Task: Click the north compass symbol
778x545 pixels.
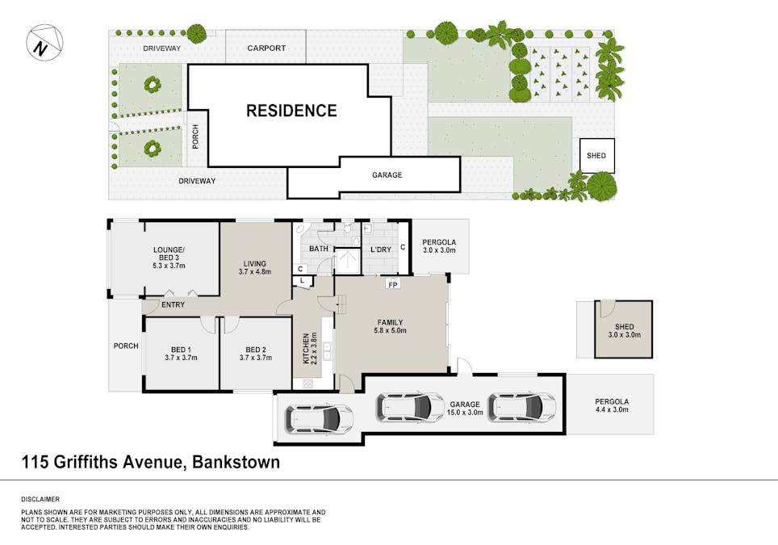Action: [44, 43]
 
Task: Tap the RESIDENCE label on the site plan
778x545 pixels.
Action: [292, 111]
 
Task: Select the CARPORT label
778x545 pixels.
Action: [266, 48]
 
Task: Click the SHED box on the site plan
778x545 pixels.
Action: [597, 155]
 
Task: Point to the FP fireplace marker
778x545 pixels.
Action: [393, 285]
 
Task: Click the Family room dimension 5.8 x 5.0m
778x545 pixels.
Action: [390, 330]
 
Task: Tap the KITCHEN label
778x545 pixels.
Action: [306, 348]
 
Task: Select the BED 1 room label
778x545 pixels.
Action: [181, 350]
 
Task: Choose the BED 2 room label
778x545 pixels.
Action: [256, 350]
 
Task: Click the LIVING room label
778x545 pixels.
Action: [254, 263]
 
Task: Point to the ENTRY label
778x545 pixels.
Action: [174, 304]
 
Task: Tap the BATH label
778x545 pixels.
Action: [319, 249]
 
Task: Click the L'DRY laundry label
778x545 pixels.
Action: [381, 249]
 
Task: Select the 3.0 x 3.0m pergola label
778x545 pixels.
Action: [439, 250]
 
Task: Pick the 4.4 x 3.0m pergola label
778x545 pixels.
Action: [612, 409]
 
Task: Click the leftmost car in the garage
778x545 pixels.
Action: [319, 418]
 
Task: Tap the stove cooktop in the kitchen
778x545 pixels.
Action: [307, 384]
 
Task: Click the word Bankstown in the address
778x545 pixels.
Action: [236, 462]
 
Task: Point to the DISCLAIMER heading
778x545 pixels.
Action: [40, 499]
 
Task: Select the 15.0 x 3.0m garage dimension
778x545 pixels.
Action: [465, 413]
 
